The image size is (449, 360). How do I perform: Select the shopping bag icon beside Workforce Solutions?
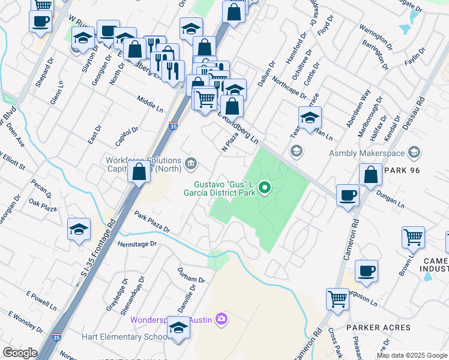(139, 172)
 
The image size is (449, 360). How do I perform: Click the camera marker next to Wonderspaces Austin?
(221, 319)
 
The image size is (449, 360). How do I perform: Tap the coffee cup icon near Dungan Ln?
(348, 196)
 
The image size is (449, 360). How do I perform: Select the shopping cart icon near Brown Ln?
(413, 238)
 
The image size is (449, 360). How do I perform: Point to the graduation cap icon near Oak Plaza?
(79, 230)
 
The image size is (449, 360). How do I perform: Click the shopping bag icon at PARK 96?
(371, 175)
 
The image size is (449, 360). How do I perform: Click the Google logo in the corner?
(20, 353)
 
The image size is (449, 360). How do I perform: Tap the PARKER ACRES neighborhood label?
(378, 328)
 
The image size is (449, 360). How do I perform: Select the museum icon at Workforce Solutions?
(191, 162)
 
